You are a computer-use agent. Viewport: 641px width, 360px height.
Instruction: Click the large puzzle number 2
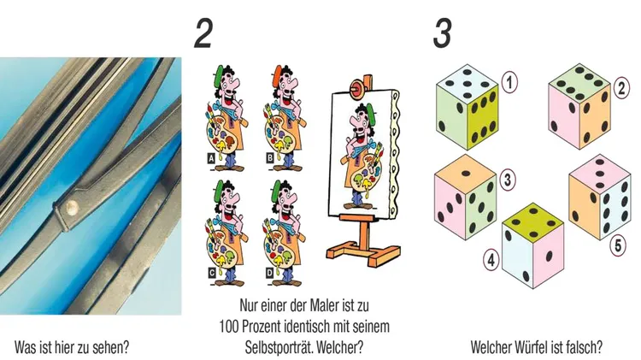pyautogui.click(x=203, y=34)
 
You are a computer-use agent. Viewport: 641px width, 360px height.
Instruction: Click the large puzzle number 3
pyautogui.click(x=443, y=34)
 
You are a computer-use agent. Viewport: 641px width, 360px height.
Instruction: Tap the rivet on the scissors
pyautogui.click(x=73, y=208)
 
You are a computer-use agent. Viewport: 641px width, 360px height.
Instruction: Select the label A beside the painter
pyautogui.click(x=211, y=157)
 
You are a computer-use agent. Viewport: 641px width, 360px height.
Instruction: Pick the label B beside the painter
pyautogui.click(x=269, y=157)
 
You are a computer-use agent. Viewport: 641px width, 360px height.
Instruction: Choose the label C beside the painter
pyautogui.click(x=211, y=272)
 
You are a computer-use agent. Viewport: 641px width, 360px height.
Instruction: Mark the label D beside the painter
pyautogui.click(x=269, y=272)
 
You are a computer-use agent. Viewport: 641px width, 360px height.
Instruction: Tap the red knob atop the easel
pyautogui.click(x=356, y=87)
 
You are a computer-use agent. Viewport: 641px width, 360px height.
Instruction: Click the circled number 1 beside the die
pyautogui.click(x=509, y=83)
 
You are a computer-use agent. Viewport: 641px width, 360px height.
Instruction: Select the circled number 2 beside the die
pyautogui.click(x=621, y=88)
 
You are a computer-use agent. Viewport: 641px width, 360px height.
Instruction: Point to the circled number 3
pyautogui.click(x=508, y=180)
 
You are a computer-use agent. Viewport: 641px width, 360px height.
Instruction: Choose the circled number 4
pyautogui.click(x=491, y=260)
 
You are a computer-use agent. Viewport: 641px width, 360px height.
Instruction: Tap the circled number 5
pyautogui.click(x=618, y=245)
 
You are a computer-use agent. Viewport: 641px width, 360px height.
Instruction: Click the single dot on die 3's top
pyautogui.click(x=466, y=173)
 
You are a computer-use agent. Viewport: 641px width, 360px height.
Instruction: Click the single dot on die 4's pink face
pyautogui.click(x=549, y=256)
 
